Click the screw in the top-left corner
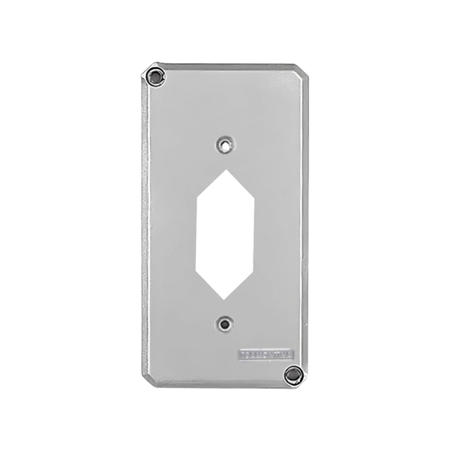155,75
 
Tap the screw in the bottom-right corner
293,374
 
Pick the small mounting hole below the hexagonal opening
223,323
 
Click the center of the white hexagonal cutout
223,232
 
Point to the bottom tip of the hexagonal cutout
223,297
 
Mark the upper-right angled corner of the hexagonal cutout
253,199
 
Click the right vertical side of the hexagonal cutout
253,232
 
